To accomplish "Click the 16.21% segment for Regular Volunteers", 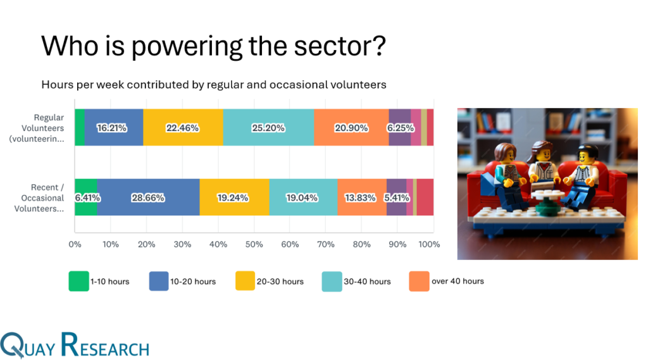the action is click(x=114, y=127).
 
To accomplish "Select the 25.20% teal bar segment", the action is click(x=268, y=127).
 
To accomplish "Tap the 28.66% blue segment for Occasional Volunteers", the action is click(x=148, y=197).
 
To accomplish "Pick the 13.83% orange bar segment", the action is click(x=362, y=197).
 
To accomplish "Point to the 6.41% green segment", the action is click(x=86, y=197).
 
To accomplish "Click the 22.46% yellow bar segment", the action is click(x=183, y=127).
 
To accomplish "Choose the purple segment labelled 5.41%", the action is click(x=396, y=197).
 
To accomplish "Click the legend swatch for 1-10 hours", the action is click(x=78, y=281).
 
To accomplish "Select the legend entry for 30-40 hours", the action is click(x=356, y=282).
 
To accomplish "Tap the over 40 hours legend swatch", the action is click(x=419, y=281).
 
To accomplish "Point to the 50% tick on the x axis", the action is click(x=254, y=244).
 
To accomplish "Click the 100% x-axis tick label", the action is click(x=429, y=244).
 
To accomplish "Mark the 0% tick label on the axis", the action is click(x=75, y=244).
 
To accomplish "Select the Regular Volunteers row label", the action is click(x=37, y=128).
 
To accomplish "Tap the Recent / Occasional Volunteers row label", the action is click(x=39, y=198).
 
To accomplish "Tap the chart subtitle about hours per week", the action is click(x=214, y=85).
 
